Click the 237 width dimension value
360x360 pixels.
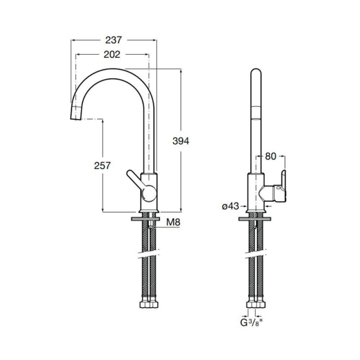(x=114, y=40)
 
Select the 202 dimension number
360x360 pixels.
(x=112, y=54)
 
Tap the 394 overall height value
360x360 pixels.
(x=181, y=141)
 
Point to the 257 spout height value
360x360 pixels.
(x=103, y=165)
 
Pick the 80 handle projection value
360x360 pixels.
(x=270, y=157)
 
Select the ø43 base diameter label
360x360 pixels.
(x=230, y=206)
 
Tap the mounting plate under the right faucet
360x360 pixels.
(x=255, y=219)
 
